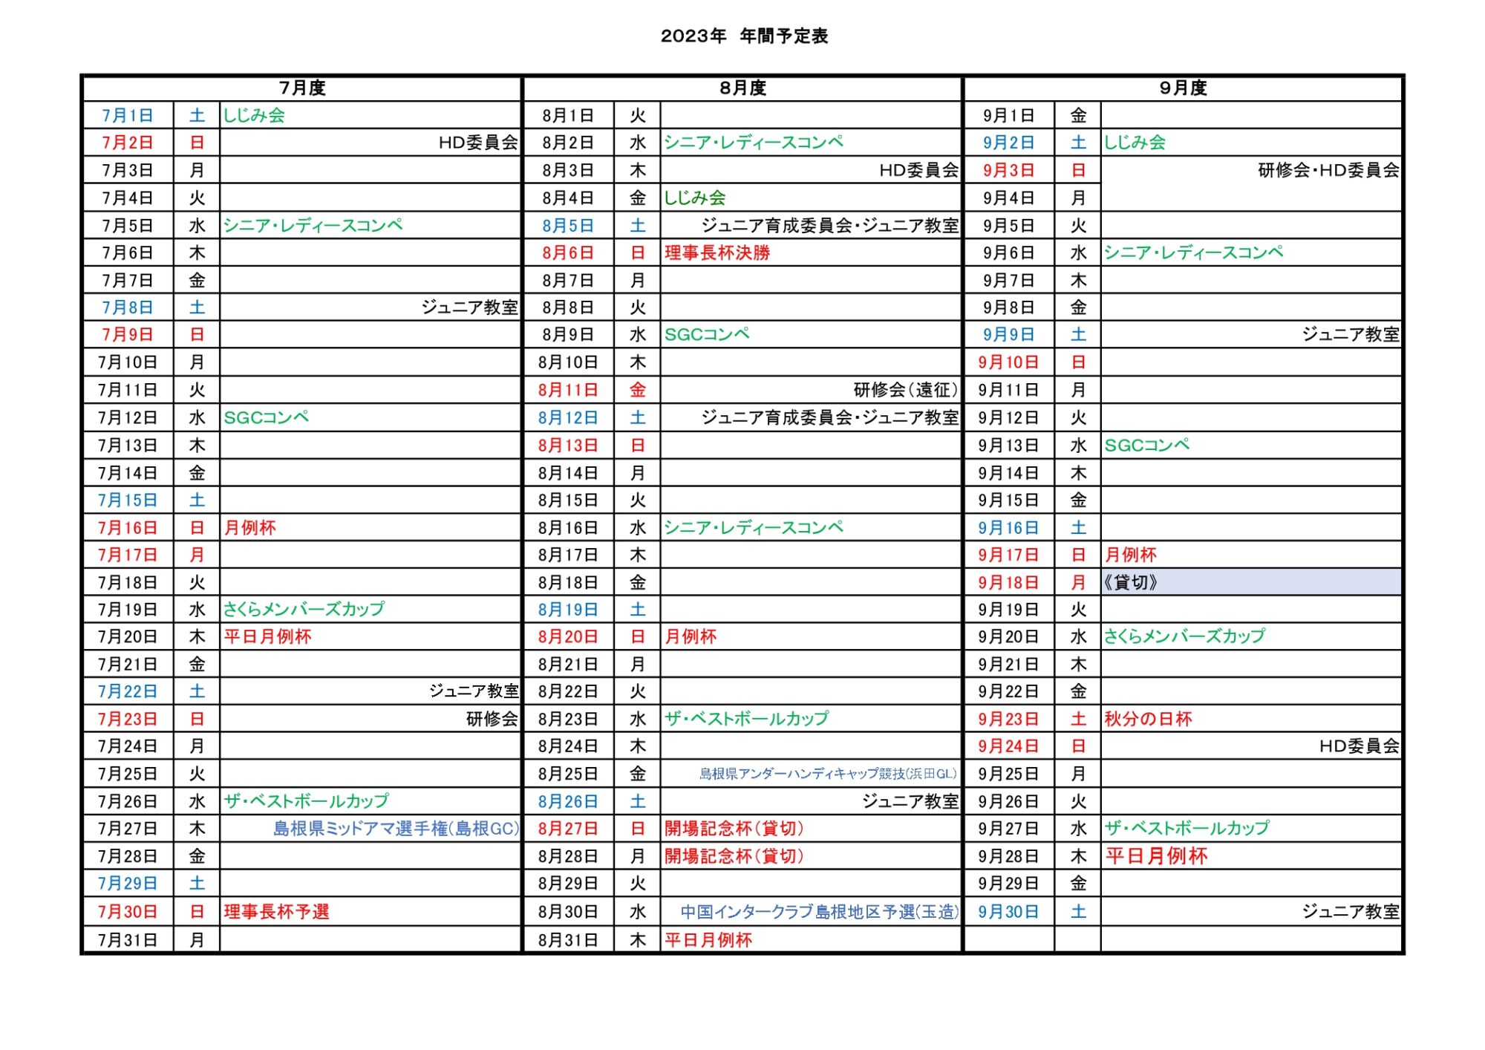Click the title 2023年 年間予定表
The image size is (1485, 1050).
[744, 36]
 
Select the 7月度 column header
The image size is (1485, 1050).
[302, 88]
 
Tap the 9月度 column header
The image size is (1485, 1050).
[1183, 88]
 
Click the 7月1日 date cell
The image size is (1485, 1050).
[128, 116]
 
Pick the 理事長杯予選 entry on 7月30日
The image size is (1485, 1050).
[276, 912]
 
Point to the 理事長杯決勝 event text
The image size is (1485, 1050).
[717, 253]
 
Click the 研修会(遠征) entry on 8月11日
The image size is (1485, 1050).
[905, 390]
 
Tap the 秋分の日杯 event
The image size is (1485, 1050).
[1148, 719]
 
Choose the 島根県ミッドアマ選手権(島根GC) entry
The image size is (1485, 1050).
[396, 829]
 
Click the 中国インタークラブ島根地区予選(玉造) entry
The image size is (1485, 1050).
[819, 912]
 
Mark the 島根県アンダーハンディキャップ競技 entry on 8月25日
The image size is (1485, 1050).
[827, 774]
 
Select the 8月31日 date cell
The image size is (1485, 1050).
[568, 940]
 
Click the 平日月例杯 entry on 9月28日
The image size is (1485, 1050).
[1156, 856]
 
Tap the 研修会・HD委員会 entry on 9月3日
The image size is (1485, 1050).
[1328, 171]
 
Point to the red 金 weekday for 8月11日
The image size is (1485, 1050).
[638, 390]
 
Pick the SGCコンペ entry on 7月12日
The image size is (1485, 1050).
[267, 418]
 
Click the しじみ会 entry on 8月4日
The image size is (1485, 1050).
[695, 198]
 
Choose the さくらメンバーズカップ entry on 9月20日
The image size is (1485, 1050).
[1184, 636]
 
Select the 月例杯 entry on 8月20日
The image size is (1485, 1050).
[691, 636]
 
